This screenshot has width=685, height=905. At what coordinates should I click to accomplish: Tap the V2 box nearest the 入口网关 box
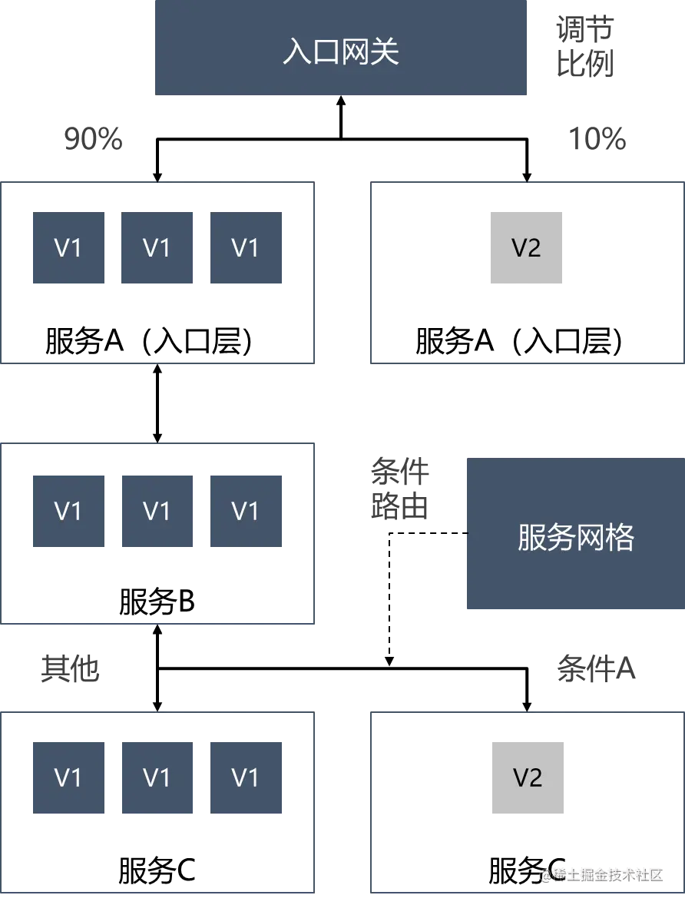coord(525,248)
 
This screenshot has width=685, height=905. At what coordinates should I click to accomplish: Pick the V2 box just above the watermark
coord(528,777)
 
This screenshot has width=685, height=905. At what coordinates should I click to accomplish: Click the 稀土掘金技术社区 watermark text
coord(607,874)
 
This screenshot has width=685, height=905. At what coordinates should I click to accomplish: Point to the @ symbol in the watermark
coord(544,874)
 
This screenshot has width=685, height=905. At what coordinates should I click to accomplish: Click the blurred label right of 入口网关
coord(584,48)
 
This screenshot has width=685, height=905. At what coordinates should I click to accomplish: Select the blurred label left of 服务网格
coord(399,489)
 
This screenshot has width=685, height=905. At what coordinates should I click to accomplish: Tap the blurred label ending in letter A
coord(595,668)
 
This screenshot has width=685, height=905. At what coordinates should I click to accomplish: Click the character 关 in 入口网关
coord(385,52)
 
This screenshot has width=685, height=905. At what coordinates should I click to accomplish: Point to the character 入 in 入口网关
coord(297,52)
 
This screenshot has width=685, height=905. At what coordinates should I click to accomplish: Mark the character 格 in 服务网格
coord(620,538)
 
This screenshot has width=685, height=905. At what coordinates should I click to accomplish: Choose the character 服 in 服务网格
coord(532,538)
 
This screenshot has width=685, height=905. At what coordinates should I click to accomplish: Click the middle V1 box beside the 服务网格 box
coord(157,510)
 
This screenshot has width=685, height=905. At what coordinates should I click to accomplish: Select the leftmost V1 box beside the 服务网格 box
coord(68,510)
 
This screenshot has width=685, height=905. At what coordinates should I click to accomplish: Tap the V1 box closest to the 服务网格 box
coord(245,510)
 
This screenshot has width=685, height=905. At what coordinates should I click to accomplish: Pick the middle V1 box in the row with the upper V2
coord(157,248)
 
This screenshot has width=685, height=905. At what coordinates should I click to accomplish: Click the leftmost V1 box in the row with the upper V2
coord(68,248)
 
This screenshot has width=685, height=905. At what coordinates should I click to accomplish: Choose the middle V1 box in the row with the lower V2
coord(157,777)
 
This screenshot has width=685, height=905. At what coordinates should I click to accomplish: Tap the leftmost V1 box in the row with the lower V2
coord(68,777)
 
